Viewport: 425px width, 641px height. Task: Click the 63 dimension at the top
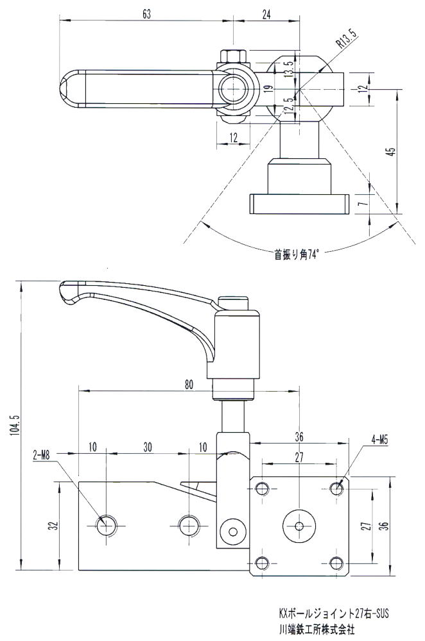[x=147, y=15]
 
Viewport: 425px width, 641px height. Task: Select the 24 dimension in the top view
[x=265, y=15]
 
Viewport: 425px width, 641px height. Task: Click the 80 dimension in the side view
[x=188, y=385]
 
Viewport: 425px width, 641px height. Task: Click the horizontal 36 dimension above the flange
[x=299, y=437]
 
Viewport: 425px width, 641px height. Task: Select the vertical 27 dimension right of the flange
[x=365, y=525]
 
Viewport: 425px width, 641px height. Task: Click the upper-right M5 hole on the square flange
[x=337, y=488]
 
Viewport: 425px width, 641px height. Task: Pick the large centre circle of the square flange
[x=299, y=526]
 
